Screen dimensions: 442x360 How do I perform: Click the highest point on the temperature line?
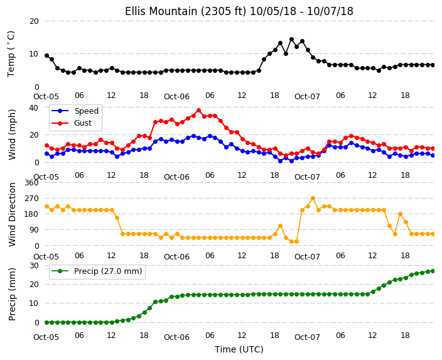(x=291, y=40)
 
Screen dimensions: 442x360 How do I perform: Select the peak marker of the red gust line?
(x=199, y=111)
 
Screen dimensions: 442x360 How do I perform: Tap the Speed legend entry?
(x=75, y=111)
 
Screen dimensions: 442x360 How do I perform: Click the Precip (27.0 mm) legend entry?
(x=97, y=271)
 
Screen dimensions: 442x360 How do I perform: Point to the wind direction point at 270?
(x=313, y=199)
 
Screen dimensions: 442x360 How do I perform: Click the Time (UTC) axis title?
(x=239, y=349)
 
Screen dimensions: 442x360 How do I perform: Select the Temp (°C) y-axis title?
(x=11, y=54)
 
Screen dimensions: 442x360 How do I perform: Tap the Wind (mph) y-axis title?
(x=12, y=134)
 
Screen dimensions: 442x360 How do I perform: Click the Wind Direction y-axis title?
(x=12, y=214)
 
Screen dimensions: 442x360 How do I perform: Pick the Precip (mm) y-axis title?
(x=12, y=294)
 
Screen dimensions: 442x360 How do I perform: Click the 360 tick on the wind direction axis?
(x=31, y=183)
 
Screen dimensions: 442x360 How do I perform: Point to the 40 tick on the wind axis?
(x=34, y=107)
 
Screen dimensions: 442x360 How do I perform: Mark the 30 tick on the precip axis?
(x=34, y=266)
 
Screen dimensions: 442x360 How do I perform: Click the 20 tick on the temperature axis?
(x=34, y=21)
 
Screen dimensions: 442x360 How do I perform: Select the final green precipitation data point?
(x=433, y=271)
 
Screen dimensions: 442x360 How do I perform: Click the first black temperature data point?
(x=47, y=55)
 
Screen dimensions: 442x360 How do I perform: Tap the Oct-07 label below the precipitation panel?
(x=307, y=337)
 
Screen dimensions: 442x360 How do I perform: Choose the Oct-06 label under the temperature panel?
(x=177, y=97)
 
